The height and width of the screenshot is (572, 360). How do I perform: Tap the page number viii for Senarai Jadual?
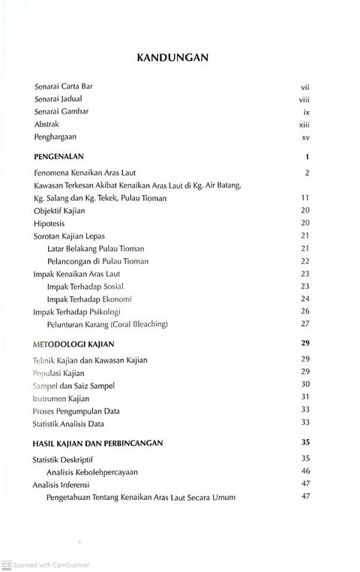pyautogui.click(x=304, y=98)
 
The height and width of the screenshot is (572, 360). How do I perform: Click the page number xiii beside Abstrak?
pyautogui.click(x=304, y=125)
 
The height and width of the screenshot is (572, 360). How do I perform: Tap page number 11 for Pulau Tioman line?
pyautogui.click(x=305, y=198)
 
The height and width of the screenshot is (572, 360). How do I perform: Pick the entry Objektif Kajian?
pyautogui.click(x=61, y=210)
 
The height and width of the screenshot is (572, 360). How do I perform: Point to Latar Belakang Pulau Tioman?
pyautogui.click(x=95, y=248)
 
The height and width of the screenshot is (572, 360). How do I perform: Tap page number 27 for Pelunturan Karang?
pyautogui.click(x=305, y=324)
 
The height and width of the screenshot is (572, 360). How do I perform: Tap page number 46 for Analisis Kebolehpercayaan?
pyautogui.click(x=305, y=471)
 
